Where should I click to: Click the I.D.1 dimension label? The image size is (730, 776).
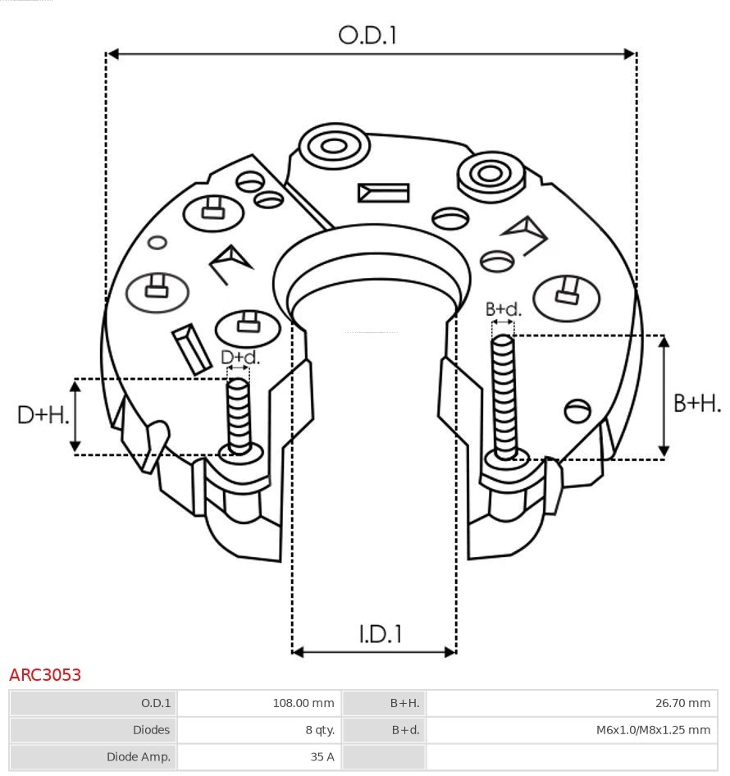(x=380, y=633)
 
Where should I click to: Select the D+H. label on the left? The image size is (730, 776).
(x=43, y=415)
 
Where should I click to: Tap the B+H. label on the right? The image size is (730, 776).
(x=696, y=403)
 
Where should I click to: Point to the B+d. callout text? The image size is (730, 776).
(x=503, y=309)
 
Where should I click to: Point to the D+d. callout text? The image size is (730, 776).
(x=240, y=358)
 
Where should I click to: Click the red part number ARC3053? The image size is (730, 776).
(x=45, y=675)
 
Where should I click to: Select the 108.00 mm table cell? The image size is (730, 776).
(x=303, y=703)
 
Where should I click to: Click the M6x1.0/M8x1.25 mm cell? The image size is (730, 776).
(x=653, y=729)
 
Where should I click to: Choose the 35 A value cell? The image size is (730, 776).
(x=322, y=756)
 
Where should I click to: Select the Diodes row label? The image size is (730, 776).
(x=151, y=729)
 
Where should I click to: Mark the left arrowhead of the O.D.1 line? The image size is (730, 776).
(x=113, y=54)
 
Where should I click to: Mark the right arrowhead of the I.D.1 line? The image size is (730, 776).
(x=449, y=652)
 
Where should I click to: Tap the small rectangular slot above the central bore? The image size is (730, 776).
(x=383, y=193)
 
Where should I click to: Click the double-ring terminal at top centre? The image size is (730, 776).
(x=333, y=148)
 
